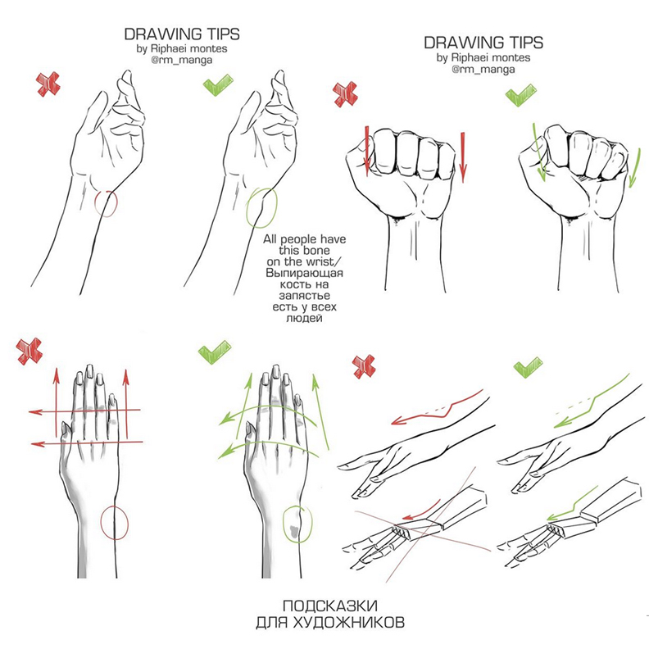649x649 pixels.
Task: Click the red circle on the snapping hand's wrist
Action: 95,204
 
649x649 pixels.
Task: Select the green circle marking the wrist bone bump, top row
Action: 247,207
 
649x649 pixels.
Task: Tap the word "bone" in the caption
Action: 316,251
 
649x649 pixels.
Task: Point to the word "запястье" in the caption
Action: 304,296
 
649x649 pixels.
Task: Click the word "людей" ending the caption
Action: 304,318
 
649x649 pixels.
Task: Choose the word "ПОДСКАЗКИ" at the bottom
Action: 330,606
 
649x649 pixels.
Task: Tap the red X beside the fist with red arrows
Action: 346,94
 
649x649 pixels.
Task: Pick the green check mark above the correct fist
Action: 520,95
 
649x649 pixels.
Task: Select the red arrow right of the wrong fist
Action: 463,157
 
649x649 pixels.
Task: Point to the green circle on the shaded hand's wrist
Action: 283,524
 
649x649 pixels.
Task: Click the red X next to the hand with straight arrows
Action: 29,352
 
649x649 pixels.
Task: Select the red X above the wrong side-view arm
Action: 364,366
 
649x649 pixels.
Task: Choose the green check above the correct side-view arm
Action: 528,368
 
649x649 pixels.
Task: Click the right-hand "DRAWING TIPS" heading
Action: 483,43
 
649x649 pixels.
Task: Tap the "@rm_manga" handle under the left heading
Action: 182,60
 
